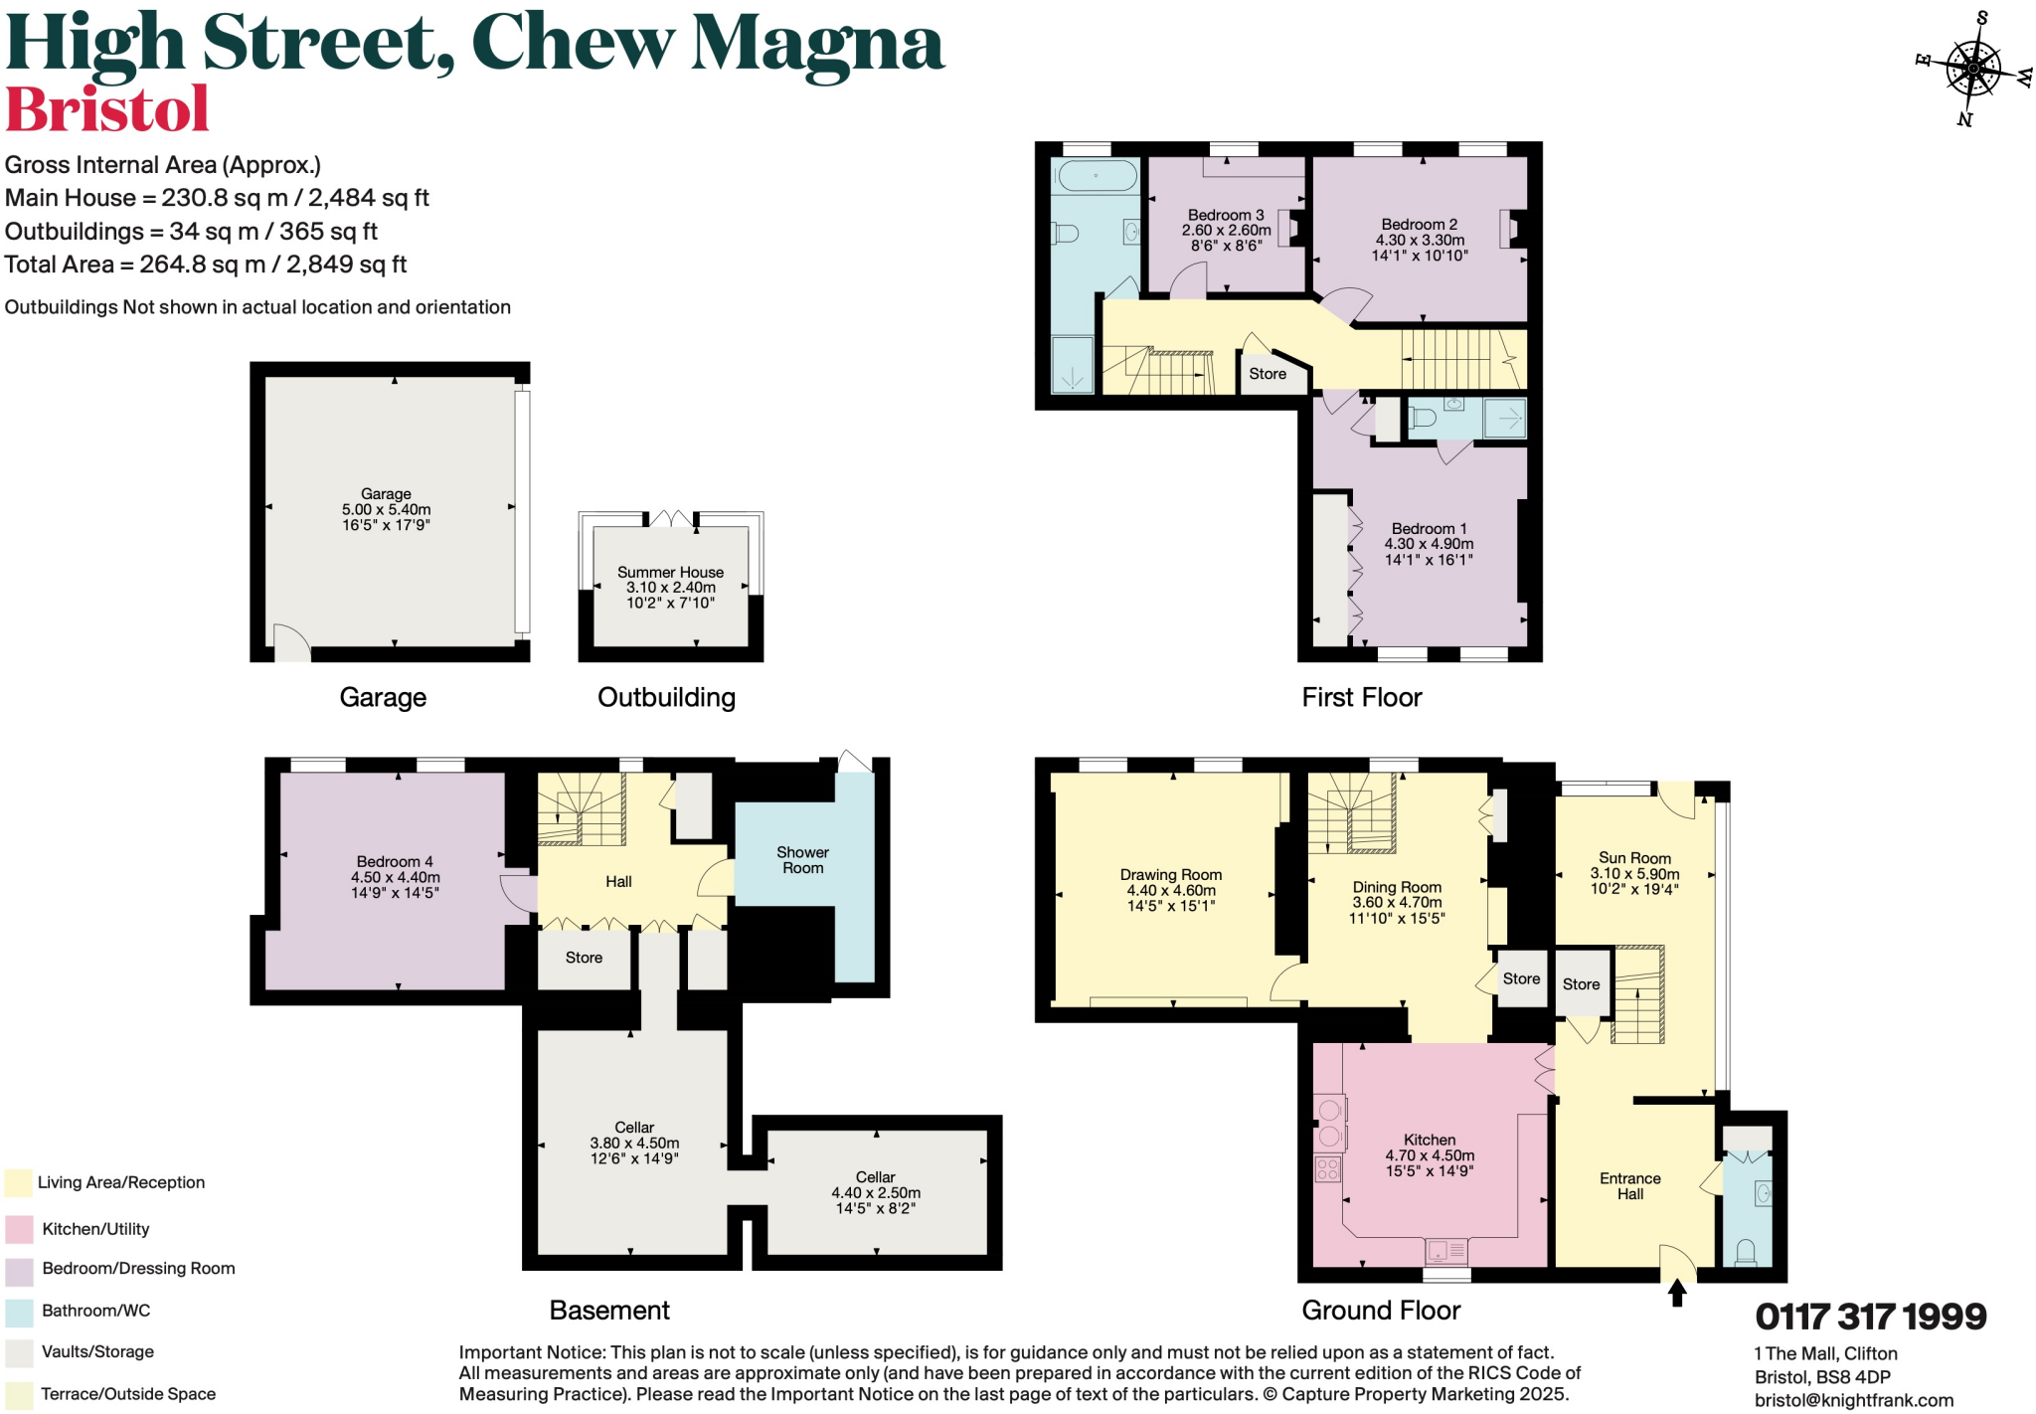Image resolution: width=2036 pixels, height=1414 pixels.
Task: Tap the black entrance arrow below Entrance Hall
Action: click(1677, 1292)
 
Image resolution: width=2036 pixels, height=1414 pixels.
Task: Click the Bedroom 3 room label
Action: click(1226, 216)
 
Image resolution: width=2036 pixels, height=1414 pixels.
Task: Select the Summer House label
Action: click(670, 573)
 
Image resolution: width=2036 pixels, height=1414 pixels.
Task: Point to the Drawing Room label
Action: click(1171, 875)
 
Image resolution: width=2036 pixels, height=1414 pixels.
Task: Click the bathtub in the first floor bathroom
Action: click(1097, 177)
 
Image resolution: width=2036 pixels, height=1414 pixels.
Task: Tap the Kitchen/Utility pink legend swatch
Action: click(19, 1229)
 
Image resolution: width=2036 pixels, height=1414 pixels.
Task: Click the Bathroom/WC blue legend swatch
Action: click(19, 1312)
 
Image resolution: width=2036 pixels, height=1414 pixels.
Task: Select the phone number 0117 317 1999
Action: click(1870, 1317)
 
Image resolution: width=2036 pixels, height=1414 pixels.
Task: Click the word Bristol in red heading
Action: click(107, 109)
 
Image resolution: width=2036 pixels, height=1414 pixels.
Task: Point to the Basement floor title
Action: click(609, 1311)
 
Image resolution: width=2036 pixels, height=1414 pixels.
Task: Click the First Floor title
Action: click(1361, 697)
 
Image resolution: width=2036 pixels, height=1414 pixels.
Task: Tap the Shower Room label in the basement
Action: click(802, 860)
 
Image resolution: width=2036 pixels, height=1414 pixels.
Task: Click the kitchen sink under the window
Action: click(1445, 1250)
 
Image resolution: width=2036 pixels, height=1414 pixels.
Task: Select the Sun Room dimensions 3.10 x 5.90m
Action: click(1634, 874)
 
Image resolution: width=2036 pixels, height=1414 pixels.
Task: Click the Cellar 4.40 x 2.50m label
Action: click(876, 1192)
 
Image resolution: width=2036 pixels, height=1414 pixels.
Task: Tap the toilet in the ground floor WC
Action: click(1746, 1251)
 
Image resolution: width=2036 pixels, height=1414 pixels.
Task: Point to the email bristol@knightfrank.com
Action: click(1853, 1400)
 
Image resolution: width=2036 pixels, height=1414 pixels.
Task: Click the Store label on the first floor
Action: click(1268, 374)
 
